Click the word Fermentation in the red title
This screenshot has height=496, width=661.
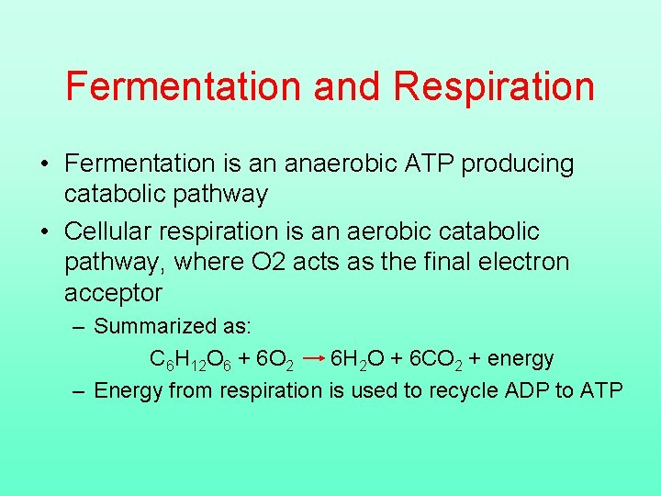(x=183, y=86)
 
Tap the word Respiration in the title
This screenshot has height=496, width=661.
(x=494, y=86)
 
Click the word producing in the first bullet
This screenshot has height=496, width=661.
(x=518, y=164)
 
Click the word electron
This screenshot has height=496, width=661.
(x=525, y=262)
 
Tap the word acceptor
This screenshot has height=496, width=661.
(x=113, y=293)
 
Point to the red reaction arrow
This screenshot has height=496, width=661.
(x=312, y=357)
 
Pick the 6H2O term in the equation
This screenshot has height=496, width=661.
(x=360, y=358)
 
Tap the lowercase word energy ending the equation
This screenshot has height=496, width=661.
(x=521, y=359)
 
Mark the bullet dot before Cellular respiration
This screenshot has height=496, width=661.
(x=44, y=231)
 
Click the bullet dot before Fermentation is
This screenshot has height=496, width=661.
(x=44, y=164)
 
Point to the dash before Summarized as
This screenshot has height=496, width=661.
(x=80, y=327)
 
